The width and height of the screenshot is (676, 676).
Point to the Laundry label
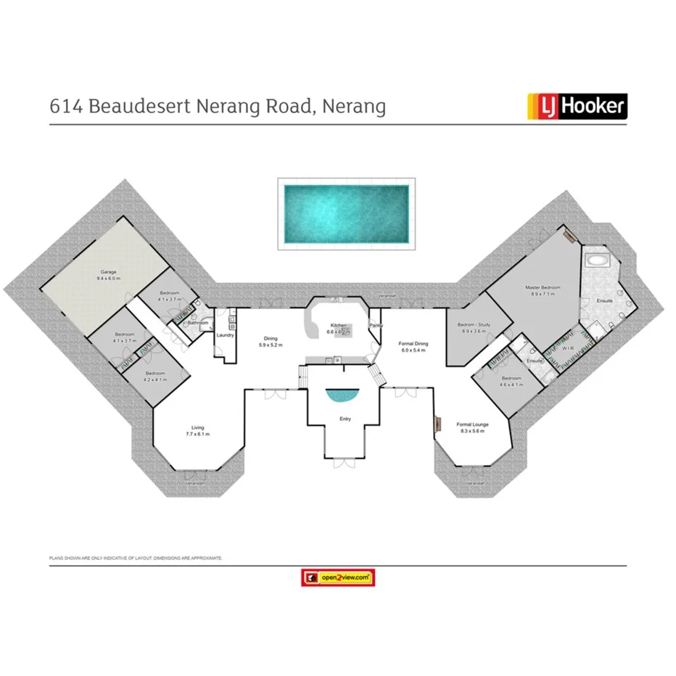tap(224, 335)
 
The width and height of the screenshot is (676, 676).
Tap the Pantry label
tap(376, 326)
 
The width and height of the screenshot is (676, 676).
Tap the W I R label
tap(569, 349)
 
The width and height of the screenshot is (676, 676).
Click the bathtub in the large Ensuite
tap(599, 260)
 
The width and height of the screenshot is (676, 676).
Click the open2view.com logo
tap(337, 577)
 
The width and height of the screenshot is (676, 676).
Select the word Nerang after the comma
tap(354, 107)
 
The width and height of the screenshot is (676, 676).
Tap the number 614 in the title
tap(65, 107)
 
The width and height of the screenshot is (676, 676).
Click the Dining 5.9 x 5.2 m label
tap(270, 342)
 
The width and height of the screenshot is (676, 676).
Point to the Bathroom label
tap(198, 323)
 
